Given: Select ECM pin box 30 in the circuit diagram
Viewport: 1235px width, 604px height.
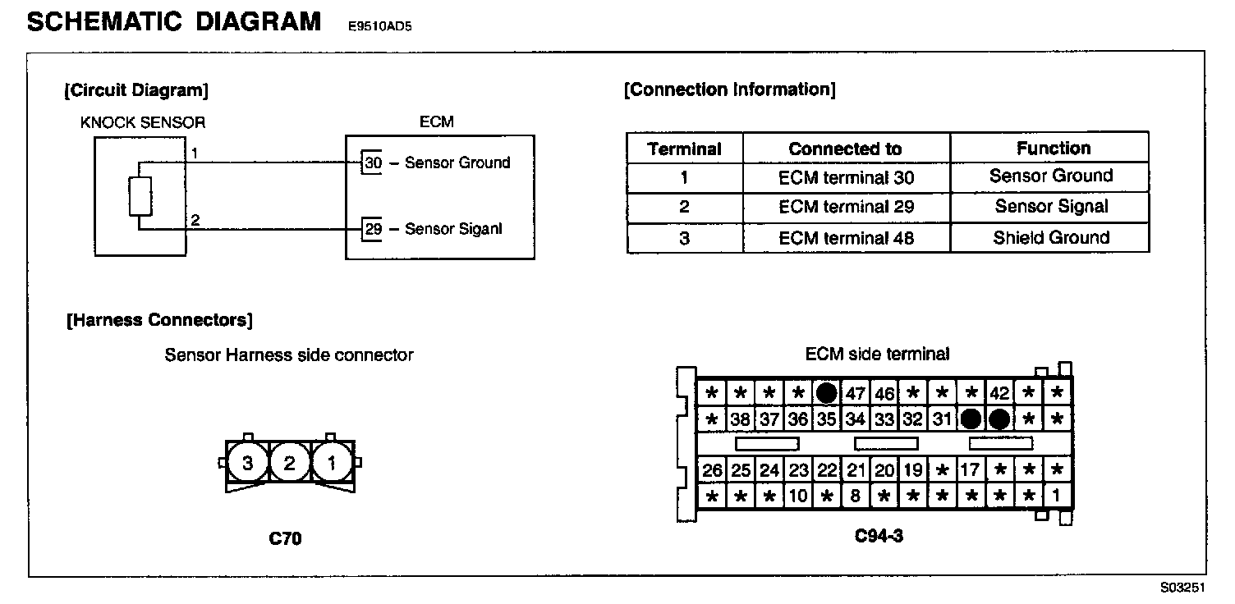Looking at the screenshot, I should tap(373, 163).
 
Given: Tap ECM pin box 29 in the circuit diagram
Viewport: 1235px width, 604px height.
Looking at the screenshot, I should tap(373, 229).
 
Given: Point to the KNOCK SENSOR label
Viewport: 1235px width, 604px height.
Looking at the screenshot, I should tap(143, 123).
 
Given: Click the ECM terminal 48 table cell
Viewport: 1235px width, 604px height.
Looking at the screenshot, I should tap(846, 238).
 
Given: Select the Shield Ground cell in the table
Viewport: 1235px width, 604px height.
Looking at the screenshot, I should tap(1050, 238).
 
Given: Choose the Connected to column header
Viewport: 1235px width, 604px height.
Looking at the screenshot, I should tap(845, 149).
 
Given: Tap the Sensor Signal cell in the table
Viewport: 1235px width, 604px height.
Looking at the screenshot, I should tap(1050, 207).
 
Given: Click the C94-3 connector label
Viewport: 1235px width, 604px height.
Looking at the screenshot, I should tap(879, 536).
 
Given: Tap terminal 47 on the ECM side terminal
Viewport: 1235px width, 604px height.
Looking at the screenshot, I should tap(856, 393).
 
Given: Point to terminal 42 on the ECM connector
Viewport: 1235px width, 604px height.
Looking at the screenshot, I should tap(999, 393).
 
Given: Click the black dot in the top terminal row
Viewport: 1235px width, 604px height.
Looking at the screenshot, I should tap(826, 393).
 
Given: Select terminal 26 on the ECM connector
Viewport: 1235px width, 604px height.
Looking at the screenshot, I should tap(712, 471).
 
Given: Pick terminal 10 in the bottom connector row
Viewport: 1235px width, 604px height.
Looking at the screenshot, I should tap(798, 496).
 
